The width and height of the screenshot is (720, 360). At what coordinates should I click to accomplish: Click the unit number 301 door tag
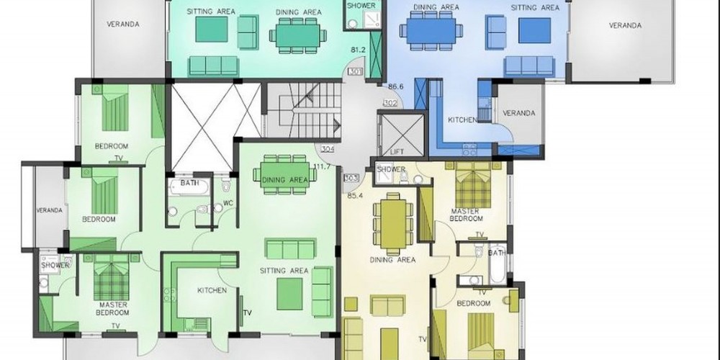(356, 71)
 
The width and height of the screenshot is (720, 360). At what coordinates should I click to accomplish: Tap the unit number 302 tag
(390, 103)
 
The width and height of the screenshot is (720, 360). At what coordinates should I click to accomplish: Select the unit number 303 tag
(351, 178)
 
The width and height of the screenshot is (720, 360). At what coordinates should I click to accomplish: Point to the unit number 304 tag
(328, 149)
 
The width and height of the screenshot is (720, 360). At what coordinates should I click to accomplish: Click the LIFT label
(397, 151)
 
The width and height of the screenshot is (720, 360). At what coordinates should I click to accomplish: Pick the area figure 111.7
(322, 166)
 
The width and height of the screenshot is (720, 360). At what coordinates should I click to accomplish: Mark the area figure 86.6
(395, 86)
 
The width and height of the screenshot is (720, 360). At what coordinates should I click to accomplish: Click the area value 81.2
(358, 50)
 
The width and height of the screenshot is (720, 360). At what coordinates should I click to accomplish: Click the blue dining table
(431, 31)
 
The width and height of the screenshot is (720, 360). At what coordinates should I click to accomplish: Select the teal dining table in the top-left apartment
(298, 35)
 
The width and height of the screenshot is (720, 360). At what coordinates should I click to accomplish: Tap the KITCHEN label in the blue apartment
(462, 120)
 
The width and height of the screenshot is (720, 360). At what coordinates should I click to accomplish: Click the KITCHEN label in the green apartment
(212, 290)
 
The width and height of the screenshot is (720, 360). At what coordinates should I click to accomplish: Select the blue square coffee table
(534, 30)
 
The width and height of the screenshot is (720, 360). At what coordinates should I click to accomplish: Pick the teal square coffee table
(212, 30)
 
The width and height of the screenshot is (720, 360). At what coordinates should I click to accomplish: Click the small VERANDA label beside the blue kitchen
(519, 113)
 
